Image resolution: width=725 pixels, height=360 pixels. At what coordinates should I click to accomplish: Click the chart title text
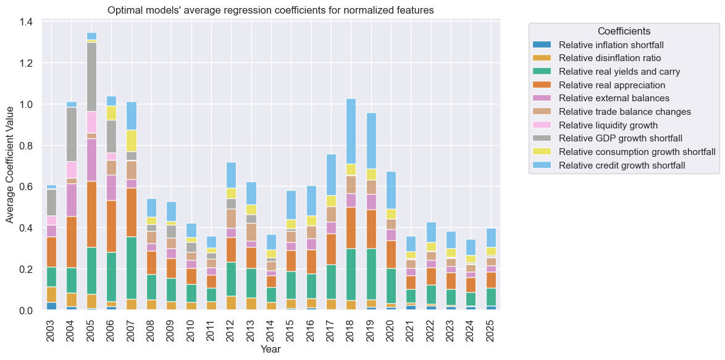[x=270, y=10]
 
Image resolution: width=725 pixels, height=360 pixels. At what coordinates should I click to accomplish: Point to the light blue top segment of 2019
[x=371, y=141]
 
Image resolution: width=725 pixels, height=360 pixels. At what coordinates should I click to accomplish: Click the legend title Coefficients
[x=624, y=31]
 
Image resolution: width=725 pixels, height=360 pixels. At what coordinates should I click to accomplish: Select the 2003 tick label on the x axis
[x=51, y=331]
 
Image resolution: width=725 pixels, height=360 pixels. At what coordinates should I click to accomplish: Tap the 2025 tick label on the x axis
[x=492, y=331]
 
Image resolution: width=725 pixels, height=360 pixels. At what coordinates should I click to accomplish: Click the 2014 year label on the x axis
[x=271, y=331]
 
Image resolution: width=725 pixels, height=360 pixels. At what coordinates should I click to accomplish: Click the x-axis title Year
[x=271, y=349]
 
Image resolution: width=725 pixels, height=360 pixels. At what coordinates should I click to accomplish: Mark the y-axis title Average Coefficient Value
[x=10, y=164]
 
